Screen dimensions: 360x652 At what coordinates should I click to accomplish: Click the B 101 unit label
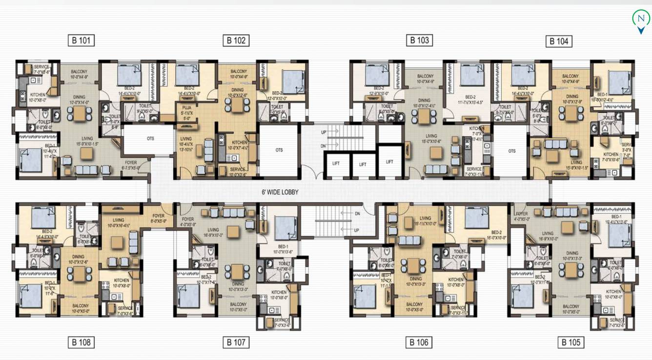pos(81,40)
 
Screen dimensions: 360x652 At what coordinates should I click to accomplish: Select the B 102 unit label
pos(236,40)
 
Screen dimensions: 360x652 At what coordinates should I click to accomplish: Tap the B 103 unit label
pos(419,40)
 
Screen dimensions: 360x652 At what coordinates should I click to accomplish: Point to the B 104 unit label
pos(559,41)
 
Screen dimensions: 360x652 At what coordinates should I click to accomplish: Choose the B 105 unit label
pos(570,342)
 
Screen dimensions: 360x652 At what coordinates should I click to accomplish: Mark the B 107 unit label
pos(236,342)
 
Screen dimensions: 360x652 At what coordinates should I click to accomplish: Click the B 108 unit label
pos(81,342)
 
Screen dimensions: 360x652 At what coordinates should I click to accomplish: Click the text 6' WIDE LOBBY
pos(280,192)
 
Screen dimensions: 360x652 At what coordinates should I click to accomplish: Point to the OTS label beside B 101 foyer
pos(150,139)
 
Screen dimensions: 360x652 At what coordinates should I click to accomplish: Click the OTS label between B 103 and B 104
pos(511,151)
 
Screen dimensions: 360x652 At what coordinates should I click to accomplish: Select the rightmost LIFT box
pos(389,161)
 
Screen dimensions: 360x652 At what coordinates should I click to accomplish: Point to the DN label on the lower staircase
pos(357,213)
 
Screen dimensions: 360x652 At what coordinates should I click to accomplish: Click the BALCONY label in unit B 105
pos(570,307)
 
